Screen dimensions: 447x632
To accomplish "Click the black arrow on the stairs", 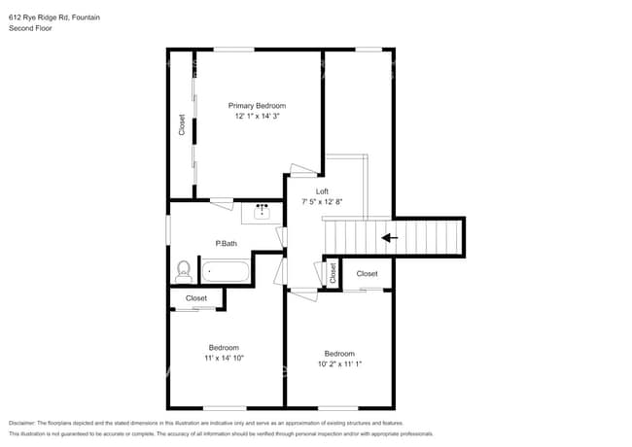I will pos(389,237).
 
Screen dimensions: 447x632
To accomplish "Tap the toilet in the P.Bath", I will pos(183,269).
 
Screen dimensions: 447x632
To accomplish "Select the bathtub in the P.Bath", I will pos(225,270).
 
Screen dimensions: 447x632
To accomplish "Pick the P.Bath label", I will pos(226,243).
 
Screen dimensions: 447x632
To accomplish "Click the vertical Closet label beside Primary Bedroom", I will pos(182,124).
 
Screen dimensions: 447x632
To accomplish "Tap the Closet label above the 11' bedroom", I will pos(196,298).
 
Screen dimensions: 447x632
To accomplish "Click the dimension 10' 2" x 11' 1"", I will pos(339,364).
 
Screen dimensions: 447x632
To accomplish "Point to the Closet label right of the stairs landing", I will pos(367,274).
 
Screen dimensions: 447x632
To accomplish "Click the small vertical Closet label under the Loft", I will pos(333,273).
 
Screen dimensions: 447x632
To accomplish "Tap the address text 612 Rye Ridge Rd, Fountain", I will pos(54,17).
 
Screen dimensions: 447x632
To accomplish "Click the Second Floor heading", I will pos(30,29).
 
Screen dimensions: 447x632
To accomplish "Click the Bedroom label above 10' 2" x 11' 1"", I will pos(339,353).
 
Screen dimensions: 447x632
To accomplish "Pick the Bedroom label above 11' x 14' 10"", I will pos(224,347).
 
